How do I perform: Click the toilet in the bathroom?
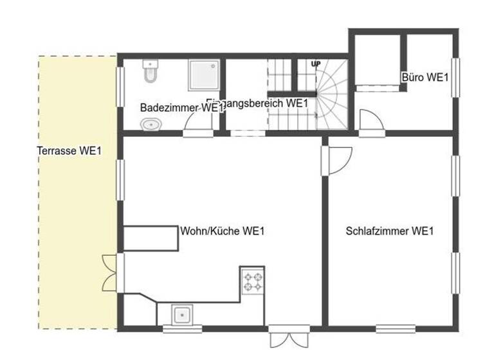point(150,71)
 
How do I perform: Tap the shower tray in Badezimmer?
point(205,76)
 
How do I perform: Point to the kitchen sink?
point(183,315)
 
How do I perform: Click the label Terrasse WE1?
point(69,151)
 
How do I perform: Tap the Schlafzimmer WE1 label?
point(389,231)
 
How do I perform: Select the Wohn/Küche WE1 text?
point(223,231)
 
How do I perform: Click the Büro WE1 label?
point(425,77)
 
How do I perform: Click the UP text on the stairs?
point(315,64)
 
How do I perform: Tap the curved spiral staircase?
point(332,93)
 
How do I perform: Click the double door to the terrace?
point(110,273)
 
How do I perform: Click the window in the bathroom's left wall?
point(120,85)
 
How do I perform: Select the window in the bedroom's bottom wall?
point(395,329)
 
